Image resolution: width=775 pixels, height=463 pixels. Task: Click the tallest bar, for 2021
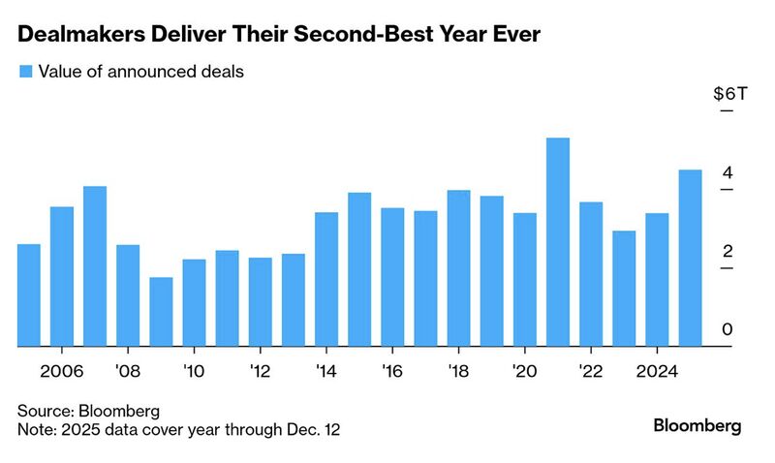click(x=557, y=242)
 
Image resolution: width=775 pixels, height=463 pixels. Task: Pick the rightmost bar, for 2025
click(x=690, y=258)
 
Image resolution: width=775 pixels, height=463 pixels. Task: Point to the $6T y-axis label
click(x=729, y=95)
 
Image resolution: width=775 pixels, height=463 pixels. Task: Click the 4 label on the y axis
click(x=727, y=173)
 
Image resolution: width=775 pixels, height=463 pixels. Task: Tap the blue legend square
click(x=25, y=71)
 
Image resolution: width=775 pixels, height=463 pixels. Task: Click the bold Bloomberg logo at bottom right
click(x=697, y=426)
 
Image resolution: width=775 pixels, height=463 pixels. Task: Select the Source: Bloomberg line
click(x=88, y=411)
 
